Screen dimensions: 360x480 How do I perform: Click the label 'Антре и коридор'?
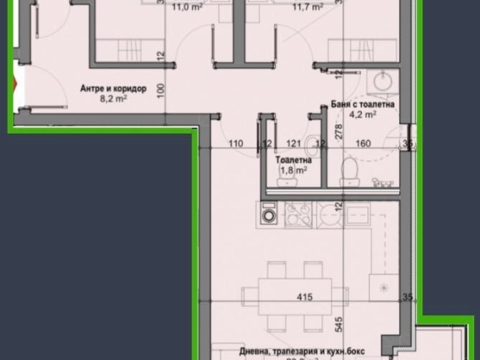114,89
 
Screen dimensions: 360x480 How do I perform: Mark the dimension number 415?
305,298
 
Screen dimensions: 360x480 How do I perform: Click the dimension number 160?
362,144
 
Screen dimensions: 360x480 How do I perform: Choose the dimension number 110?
236,144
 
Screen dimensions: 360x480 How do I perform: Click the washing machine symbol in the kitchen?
268,214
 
